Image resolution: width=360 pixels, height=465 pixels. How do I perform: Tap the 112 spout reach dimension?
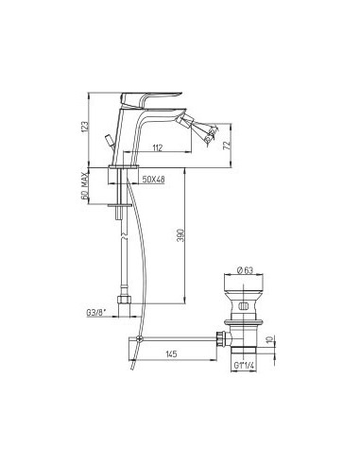pos(157,147)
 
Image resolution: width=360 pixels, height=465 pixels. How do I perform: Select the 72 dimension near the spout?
pos(227,146)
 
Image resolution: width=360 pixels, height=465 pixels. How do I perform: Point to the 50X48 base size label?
pos(153,180)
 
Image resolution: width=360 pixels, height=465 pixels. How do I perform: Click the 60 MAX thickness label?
pos(85,187)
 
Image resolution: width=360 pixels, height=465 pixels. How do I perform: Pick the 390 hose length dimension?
pos(181,235)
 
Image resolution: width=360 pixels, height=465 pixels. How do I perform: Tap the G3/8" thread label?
pos(96,313)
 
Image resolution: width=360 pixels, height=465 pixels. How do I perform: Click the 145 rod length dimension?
pos(171,354)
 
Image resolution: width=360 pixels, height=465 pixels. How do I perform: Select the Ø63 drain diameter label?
pos(245,270)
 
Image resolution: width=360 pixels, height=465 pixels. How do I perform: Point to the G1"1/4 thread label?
pos(244,366)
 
